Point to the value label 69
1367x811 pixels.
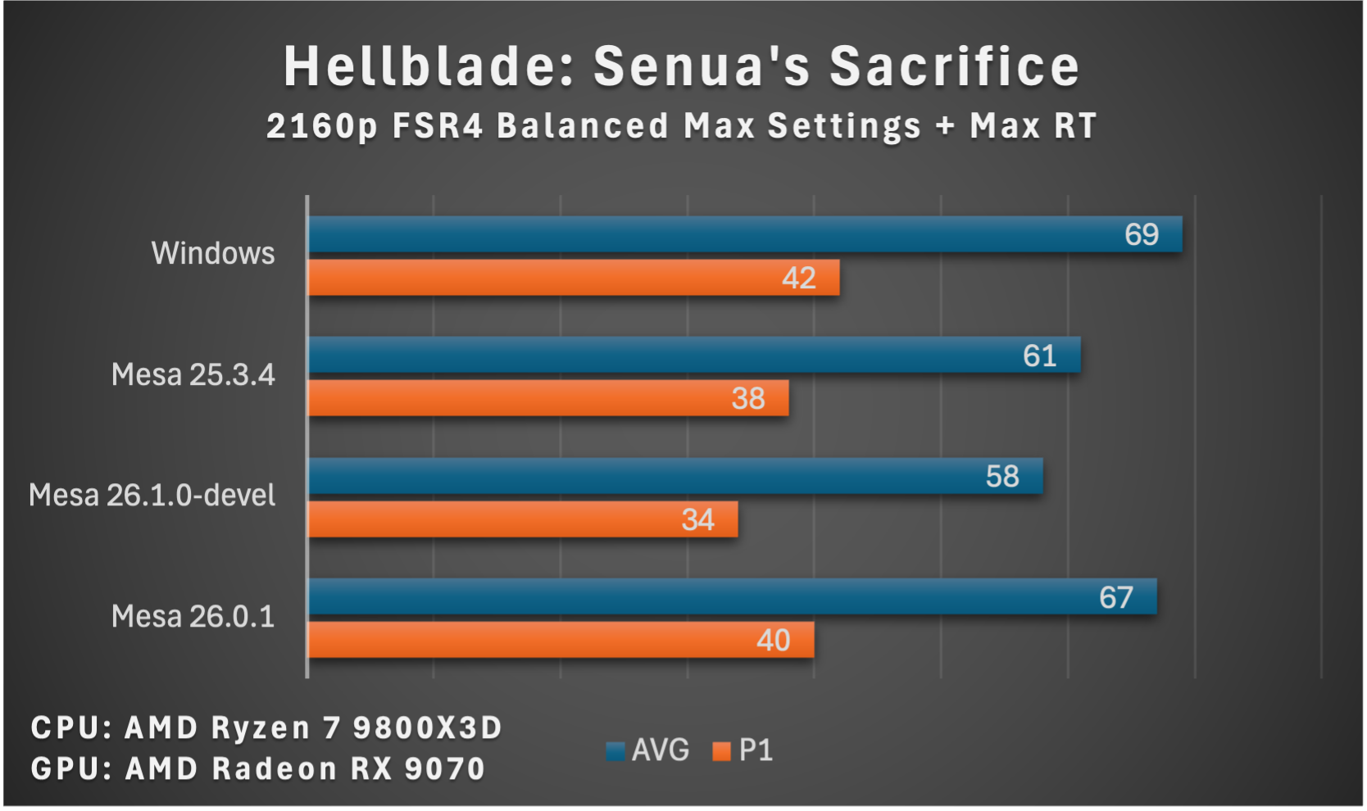point(1141,235)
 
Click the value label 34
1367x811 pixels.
point(697,520)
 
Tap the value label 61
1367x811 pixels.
point(1039,356)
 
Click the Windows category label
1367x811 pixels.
point(213,254)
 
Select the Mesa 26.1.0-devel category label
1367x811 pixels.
point(152,496)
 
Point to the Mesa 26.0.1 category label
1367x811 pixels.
point(193,616)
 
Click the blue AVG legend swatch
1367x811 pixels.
point(615,751)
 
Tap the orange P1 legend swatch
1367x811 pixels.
point(721,751)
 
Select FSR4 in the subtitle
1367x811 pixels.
point(438,127)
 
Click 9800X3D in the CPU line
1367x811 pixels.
point(427,728)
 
